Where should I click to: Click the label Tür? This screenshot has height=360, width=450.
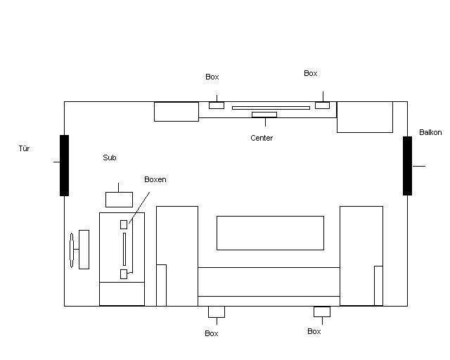(x=24, y=148)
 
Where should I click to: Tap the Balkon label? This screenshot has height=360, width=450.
(x=430, y=132)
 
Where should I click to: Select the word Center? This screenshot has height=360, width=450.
(x=262, y=138)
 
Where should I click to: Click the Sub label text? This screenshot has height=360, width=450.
(x=110, y=157)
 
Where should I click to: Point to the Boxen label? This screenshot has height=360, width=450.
(x=155, y=179)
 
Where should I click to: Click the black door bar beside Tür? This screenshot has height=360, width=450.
(x=64, y=165)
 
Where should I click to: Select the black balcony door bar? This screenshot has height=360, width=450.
(x=407, y=166)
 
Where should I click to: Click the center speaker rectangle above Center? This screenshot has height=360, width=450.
(x=264, y=115)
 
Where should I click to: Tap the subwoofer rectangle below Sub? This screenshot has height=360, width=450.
(x=119, y=200)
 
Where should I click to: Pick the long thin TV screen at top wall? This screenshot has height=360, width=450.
(x=271, y=108)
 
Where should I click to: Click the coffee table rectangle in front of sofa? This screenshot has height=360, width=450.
(x=270, y=233)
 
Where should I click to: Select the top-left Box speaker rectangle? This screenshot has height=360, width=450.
(x=217, y=105)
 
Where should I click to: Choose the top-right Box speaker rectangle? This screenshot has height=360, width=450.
(x=322, y=105)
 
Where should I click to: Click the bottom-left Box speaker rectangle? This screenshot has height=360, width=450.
(x=217, y=311)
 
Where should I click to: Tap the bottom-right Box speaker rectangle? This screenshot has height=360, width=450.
(x=322, y=311)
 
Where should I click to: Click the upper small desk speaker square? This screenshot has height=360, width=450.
(x=124, y=224)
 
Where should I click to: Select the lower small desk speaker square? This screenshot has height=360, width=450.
(x=124, y=274)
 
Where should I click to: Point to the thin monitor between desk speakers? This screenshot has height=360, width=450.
(x=124, y=249)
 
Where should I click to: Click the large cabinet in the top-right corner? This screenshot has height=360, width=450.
(x=365, y=117)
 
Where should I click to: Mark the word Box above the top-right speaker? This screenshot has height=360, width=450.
(x=311, y=73)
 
